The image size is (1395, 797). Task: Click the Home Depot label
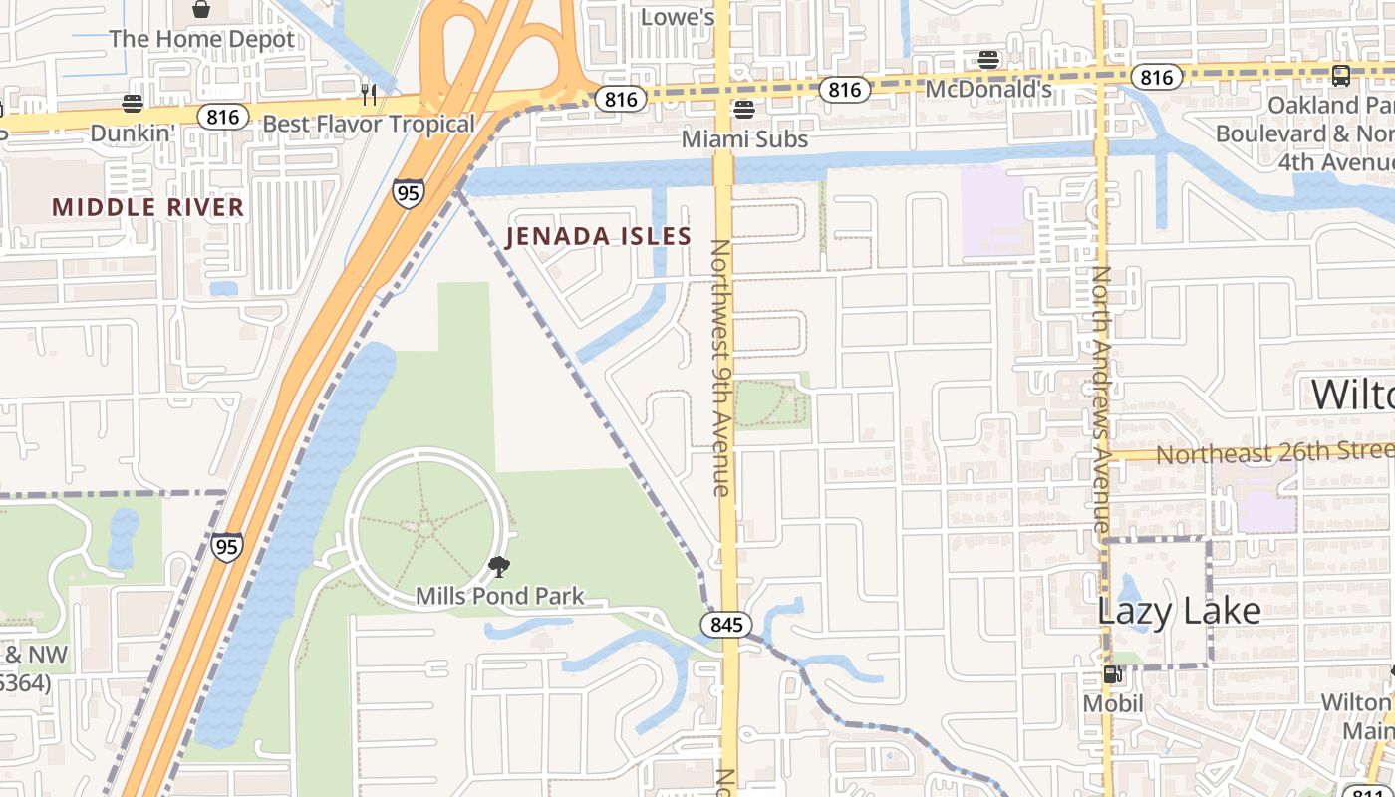coord(202,40)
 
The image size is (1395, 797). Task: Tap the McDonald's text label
coord(988,90)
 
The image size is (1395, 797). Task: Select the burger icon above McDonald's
coord(988,60)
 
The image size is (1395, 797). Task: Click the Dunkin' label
coord(132,133)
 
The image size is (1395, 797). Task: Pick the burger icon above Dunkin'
coord(132,104)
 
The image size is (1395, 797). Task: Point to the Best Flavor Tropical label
coord(368,125)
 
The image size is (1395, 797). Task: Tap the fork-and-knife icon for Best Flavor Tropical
coord(368,94)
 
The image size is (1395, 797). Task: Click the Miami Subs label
coord(744,138)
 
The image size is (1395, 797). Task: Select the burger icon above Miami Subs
coord(744,109)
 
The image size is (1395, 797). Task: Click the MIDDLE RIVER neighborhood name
coord(148,207)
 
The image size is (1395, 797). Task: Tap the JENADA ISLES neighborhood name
coord(598,236)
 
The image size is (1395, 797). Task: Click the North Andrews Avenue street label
coord(1101,398)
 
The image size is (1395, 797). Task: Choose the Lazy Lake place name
coord(1179,610)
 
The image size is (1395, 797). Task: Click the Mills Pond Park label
coord(499,597)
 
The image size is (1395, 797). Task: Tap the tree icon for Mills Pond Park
coord(499,568)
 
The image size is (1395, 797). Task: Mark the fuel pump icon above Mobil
coord(1112,674)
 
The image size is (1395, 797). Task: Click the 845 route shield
coord(726,625)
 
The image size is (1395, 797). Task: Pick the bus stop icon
coord(1341,75)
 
